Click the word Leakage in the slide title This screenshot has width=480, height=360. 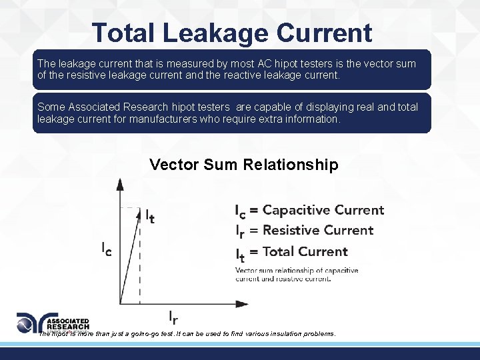pyautogui.click(x=218, y=33)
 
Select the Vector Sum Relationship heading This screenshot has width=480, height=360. pyautogui.click(x=244, y=165)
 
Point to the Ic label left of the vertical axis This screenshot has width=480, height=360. pyautogui.click(x=106, y=248)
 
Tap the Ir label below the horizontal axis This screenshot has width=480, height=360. pyautogui.click(x=172, y=317)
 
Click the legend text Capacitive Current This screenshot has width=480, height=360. pyautogui.click(x=323, y=210)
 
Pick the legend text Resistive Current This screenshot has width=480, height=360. pyautogui.click(x=318, y=231)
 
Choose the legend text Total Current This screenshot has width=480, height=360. pyautogui.click(x=305, y=251)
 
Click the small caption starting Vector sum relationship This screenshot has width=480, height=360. pyautogui.click(x=297, y=274)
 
